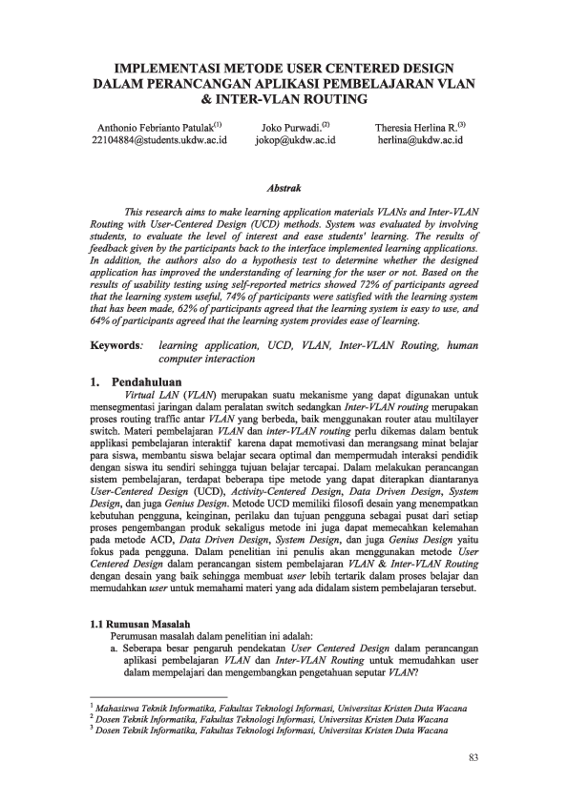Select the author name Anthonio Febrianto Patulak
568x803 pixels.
pos(156,126)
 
